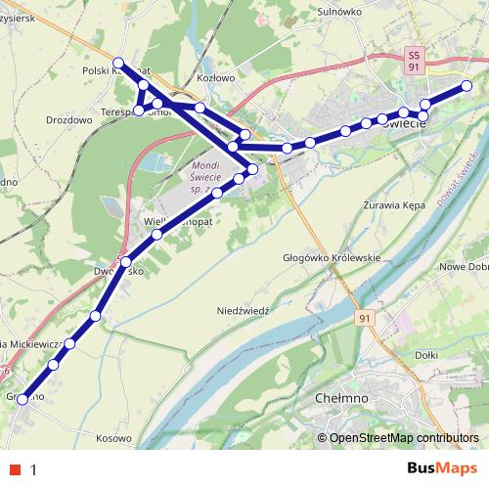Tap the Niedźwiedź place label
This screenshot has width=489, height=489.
click(242, 309)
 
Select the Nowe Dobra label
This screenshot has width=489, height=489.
click(466, 267)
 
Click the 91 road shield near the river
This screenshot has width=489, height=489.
click(365, 320)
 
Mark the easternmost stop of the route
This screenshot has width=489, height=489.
click(467, 85)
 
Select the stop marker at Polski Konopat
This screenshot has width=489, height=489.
click(118, 64)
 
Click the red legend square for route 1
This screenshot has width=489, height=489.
click(13, 468)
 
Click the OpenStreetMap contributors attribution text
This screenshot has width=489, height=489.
click(404, 438)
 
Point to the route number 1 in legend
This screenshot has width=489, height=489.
click(33, 468)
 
